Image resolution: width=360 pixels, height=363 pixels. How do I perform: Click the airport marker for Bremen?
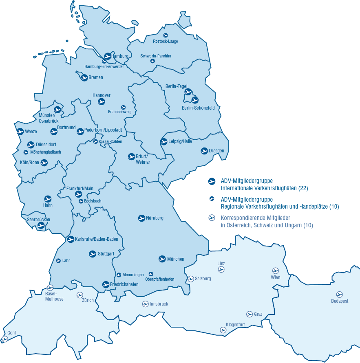(84, 77)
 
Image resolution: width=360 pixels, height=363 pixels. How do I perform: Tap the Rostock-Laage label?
(165, 41)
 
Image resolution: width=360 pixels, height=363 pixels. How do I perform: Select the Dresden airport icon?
(205, 151)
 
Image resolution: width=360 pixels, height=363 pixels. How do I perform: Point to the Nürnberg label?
(155, 218)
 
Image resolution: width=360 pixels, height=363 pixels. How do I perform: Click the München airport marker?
(162, 259)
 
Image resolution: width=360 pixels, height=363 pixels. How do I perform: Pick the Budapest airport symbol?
(339, 294)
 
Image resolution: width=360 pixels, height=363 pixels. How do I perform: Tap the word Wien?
(276, 277)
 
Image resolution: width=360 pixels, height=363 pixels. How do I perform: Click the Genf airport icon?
(4, 339)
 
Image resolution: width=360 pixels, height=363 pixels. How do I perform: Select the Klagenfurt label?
(235, 325)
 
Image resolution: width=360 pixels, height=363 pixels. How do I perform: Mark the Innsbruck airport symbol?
(145, 304)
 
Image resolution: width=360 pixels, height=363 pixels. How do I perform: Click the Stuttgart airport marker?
(93, 254)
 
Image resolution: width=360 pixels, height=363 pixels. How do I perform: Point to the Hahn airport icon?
(48, 199)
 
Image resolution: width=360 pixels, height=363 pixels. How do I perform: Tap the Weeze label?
(31, 132)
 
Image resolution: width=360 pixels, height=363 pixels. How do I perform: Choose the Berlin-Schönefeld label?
(198, 108)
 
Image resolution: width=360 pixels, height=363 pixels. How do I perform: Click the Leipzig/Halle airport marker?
(164, 142)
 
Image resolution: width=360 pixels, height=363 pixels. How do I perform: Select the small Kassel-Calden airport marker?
(95, 141)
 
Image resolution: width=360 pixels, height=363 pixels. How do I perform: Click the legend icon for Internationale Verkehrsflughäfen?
(212, 181)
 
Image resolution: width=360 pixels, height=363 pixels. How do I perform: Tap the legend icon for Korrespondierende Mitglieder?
(212, 217)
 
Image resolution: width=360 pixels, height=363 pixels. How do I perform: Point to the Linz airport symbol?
(221, 270)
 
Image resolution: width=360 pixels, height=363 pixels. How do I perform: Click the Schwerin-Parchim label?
(155, 56)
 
